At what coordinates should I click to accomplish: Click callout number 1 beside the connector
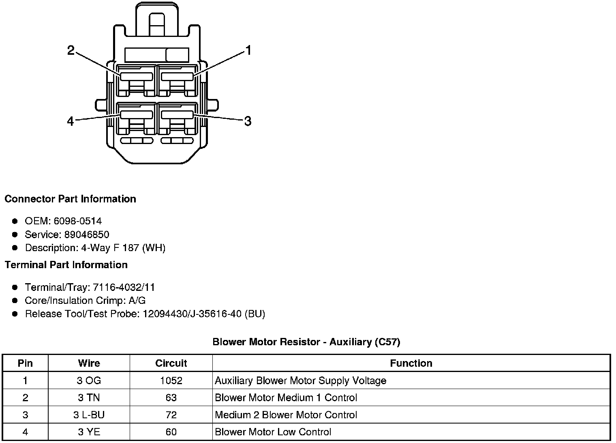tap(248, 51)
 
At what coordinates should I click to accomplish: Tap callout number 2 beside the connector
tap(71, 51)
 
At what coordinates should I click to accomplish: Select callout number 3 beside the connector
tap(248, 121)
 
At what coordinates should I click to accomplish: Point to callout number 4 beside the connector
tap(71, 121)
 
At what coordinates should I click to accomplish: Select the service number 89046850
tap(87, 234)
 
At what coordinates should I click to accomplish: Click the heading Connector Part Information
tap(70, 199)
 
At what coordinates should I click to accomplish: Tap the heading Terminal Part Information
tap(66, 265)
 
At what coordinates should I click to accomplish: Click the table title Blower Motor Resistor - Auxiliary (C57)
tap(306, 342)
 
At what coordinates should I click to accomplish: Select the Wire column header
tap(89, 363)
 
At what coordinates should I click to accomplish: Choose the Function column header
tap(411, 363)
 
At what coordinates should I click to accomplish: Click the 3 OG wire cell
tap(89, 381)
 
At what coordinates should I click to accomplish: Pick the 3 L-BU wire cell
tap(89, 415)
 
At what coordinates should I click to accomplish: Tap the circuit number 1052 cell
tap(171, 381)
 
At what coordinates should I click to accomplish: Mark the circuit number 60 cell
tap(171, 432)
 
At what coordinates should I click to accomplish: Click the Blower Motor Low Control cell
tap(273, 432)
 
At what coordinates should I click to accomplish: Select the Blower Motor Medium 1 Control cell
tap(286, 398)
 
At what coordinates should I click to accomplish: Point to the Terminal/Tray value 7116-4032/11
tap(124, 288)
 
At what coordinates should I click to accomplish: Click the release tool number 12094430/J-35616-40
tap(192, 314)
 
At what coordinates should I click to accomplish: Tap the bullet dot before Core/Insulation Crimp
tap(15, 301)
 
